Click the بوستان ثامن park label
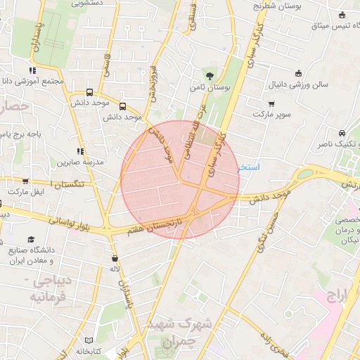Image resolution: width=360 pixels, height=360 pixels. pyautogui.click(x=210, y=89)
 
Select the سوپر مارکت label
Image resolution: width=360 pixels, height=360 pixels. pyautogui.click(x=271, y=113)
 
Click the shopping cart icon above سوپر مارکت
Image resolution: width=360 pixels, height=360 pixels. pyautogui.click(x=271, y=103)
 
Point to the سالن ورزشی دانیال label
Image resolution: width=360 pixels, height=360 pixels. pyautogui.click(x=297, y=84)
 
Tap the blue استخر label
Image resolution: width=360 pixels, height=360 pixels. pyautogui.click(x=249, y=167)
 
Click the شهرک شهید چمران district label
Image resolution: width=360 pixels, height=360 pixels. pyautogui.click(x=176, y=333)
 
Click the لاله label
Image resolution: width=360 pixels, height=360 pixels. pyautogui.click(x=114, y=269)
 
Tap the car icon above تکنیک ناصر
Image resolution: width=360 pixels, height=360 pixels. pyautogui.click(x=341, y=133)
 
